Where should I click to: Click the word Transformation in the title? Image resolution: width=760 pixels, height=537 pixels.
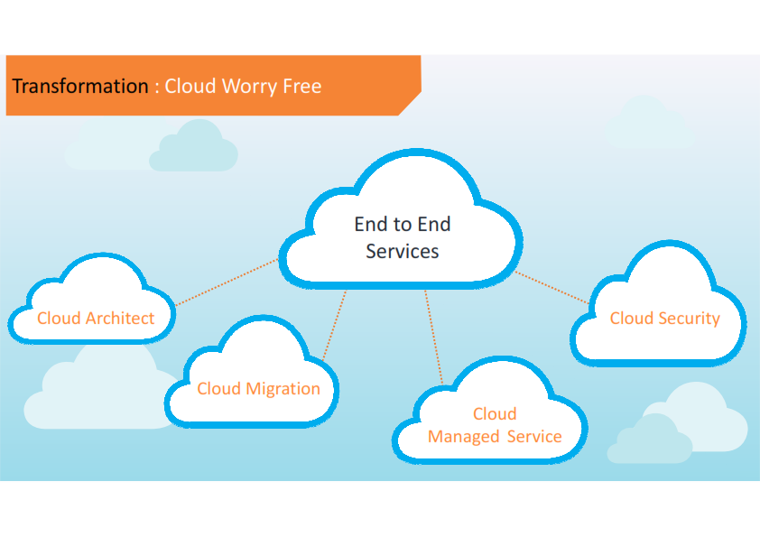pyautogui.click(x=79, y=87)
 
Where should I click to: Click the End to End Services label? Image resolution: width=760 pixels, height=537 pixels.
pyautogui.click(x=403, y=237)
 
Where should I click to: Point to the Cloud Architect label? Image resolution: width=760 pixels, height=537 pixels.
pyautogui.click(x=96, y=318)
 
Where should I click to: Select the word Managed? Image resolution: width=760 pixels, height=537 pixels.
pyautogui.click(x=464, y=437)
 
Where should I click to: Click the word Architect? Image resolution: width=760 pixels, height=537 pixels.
pyautogui.click(x=120, y=318)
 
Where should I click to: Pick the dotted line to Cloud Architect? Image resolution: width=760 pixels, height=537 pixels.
pyautogui.click(x=226, y=282)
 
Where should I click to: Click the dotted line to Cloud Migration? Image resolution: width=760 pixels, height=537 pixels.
pyautogui.click(x=335, y=325)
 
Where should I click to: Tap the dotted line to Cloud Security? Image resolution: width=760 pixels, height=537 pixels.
pyautogui.click(x=552, y=286)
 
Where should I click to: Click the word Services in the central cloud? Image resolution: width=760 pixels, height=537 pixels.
pyautogui.click(x=403, y=251)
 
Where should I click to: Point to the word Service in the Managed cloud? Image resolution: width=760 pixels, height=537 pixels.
pyautogui.click(x=534, y=437)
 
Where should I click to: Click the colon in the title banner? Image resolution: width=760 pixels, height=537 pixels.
pyautogui.click(x=157, y=88)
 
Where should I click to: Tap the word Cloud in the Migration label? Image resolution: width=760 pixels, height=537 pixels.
pyautogui.click(x=218, y=389)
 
